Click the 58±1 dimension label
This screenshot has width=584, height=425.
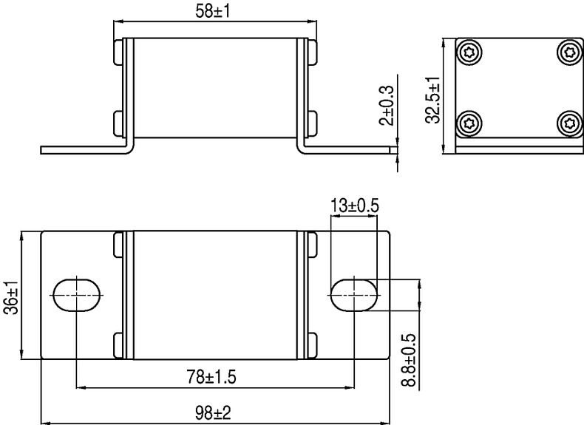point(213,11)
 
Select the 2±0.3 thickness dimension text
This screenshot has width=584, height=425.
point(386,106)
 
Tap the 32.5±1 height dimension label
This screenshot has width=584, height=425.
point(432,101)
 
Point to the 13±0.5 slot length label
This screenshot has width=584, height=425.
point(355,205)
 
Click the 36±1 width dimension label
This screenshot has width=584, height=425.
point(11,297)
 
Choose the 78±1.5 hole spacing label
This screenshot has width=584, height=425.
point(211,377)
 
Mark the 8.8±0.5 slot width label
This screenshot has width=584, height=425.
point(409,360)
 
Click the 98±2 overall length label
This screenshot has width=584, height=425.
point(213,412)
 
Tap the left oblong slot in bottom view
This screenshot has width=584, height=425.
point(77,295)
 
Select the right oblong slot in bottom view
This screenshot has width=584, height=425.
point(354,295)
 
